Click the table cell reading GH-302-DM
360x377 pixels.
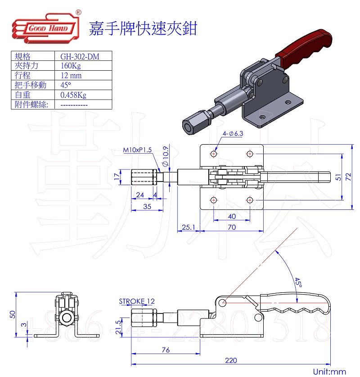tap(80, 56)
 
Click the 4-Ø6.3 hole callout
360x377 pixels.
tap(233, 134)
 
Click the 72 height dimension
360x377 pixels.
tap(348, 177)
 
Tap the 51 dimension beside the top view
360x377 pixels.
tap(338, 177)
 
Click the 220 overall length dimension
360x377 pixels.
tap(230, 360)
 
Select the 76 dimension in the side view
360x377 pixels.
tap(166, 350)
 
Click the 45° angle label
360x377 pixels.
tap(298, 283)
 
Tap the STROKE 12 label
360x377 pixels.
tap(137, 301)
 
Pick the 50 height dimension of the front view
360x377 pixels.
tap(13, 314)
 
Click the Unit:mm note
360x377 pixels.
tap(329, 372)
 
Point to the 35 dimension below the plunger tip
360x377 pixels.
tap(147, 207)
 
